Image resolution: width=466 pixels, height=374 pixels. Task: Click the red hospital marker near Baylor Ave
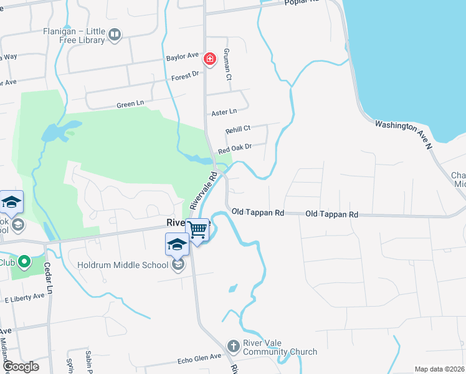[210, 59]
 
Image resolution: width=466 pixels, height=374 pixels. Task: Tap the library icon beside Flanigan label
[114, 35]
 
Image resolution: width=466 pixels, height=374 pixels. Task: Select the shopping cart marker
[198, 229]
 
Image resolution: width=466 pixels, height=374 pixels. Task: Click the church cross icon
[233, 346]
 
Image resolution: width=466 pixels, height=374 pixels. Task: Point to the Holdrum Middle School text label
[123, 265]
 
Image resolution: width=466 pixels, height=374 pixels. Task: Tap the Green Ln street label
[130, 105]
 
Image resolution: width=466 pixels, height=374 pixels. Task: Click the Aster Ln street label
[224, 112]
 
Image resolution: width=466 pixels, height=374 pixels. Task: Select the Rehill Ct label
[237, 128]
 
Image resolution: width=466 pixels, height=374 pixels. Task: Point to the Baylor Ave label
[181, 57]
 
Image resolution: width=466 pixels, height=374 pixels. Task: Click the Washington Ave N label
[403, 134]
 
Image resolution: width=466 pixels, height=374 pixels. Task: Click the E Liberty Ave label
[26, 296]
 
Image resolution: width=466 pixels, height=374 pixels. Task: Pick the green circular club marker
[24, 261]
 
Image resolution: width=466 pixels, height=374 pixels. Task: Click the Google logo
[20, 367]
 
